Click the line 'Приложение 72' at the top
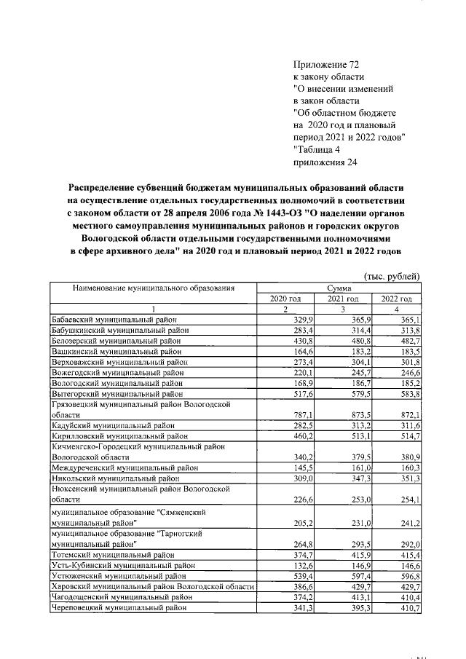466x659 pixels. tap(325, 65)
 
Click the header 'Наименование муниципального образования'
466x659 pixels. tap(153, 288)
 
